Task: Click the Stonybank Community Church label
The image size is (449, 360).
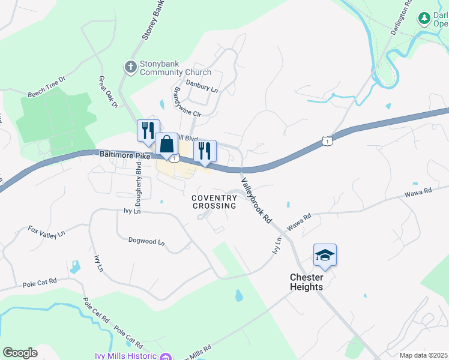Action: pos(175,68)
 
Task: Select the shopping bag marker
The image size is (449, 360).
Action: pos(166,145)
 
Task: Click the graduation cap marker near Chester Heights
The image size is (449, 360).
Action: pos(325,256)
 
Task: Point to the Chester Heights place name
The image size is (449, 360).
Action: pos(306,282)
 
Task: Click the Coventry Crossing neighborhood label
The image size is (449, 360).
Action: pos(214,202)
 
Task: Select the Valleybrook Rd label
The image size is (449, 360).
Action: pos(257,201)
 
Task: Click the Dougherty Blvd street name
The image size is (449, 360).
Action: pos(139,185)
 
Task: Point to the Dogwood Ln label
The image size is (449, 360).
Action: pos(146,241)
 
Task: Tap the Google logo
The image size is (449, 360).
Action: pos(20,353)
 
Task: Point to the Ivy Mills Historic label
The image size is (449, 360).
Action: pos(125,355)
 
